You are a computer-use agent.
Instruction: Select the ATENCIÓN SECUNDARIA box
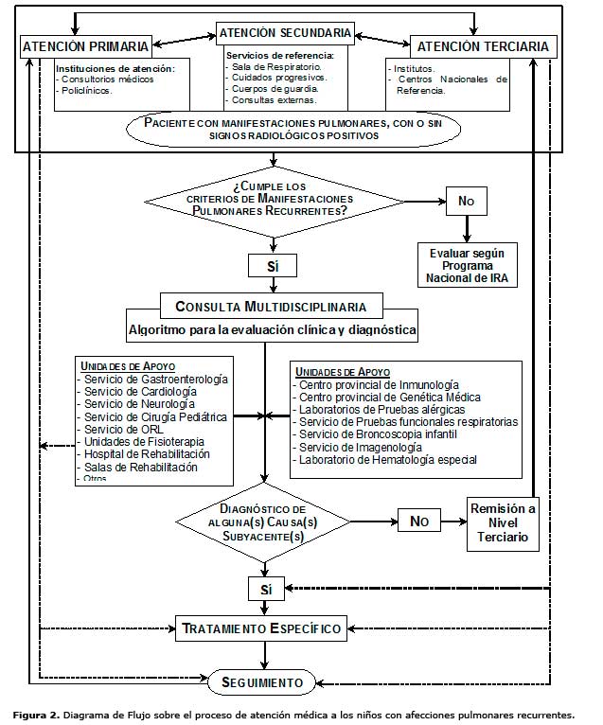coord(285,33)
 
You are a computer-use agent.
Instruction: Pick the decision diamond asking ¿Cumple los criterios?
coord(271,200)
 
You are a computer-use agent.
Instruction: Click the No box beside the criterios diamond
coord(467,200)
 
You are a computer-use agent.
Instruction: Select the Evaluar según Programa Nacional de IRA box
coord(466,265)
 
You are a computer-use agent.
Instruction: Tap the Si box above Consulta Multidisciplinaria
coord(273,265)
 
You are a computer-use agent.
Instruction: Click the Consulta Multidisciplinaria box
coord(271,307)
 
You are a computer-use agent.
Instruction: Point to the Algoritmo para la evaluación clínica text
coord(271,329)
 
